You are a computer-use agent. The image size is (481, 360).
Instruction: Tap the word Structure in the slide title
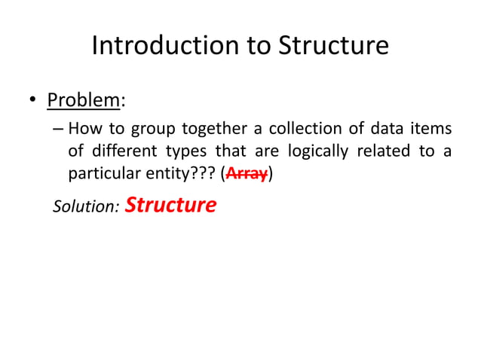[333, 46]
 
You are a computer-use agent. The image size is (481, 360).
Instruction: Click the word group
[154, 130]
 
